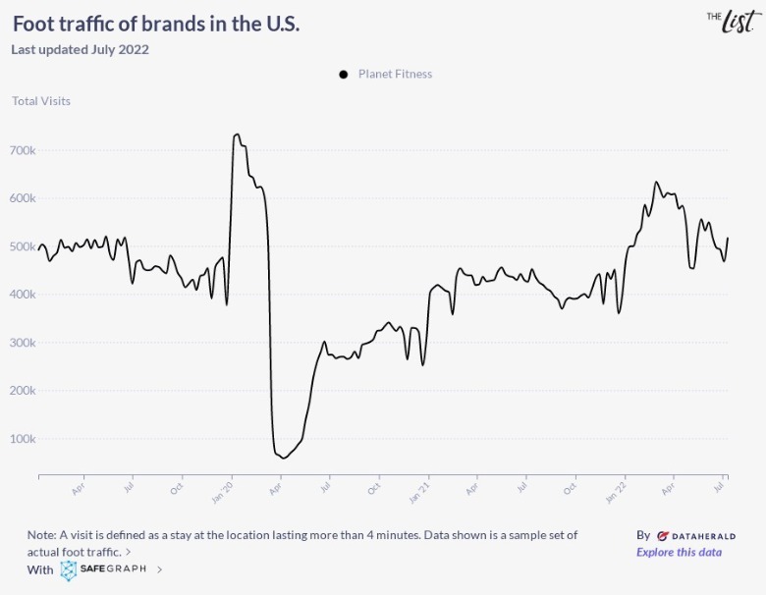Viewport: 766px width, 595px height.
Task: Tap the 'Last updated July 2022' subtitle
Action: (80, 49)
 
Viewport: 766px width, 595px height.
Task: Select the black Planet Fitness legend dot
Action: (344, 75)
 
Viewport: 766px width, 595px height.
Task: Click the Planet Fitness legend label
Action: (395, 74)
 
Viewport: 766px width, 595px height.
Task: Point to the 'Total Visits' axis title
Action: (41, 100)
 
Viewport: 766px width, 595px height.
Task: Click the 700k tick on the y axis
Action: (23, 150)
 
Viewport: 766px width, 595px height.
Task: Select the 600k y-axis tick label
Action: (23, 198)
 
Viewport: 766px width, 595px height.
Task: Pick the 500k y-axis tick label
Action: (23, 246)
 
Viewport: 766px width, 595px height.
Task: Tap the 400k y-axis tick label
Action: (23, 295)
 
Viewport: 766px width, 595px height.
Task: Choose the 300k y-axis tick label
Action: (23, 343)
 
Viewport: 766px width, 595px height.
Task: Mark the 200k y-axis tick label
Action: (23, 391)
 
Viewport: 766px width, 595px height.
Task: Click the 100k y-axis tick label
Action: (23, 439)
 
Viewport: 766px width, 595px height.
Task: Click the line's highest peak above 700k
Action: (237, 135)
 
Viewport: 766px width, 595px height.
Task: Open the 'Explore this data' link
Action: (679, 552)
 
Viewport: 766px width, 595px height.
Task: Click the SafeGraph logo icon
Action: (69, 570)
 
